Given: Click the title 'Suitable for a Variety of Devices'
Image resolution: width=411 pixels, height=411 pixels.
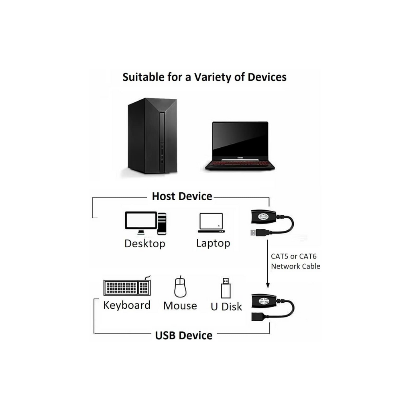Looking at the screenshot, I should click(204, 77).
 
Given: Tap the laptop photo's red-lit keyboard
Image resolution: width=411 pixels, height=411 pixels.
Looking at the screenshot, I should click(240, 164).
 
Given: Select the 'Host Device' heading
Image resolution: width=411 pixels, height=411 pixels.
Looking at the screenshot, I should click(182, 196).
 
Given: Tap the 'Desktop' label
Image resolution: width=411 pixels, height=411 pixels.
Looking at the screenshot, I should click(144, 244).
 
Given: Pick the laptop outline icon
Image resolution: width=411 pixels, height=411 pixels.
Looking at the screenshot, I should click(211, 223).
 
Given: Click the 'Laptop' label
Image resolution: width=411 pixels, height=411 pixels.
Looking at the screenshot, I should click(213, 243).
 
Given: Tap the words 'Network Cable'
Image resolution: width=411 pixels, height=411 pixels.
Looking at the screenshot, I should click(295, 266).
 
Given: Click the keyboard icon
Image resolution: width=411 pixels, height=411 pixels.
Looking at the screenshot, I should click(127, 287).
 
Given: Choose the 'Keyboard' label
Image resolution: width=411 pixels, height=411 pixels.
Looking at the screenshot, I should click(127, 305).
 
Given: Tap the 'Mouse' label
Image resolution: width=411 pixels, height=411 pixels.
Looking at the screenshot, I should click(180, 306).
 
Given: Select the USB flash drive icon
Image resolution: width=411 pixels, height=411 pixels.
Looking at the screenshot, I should click(226, 288).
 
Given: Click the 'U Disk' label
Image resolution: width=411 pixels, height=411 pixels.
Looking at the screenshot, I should click(226, 307).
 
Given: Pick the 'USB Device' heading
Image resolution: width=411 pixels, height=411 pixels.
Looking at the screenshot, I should click(184, 335).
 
